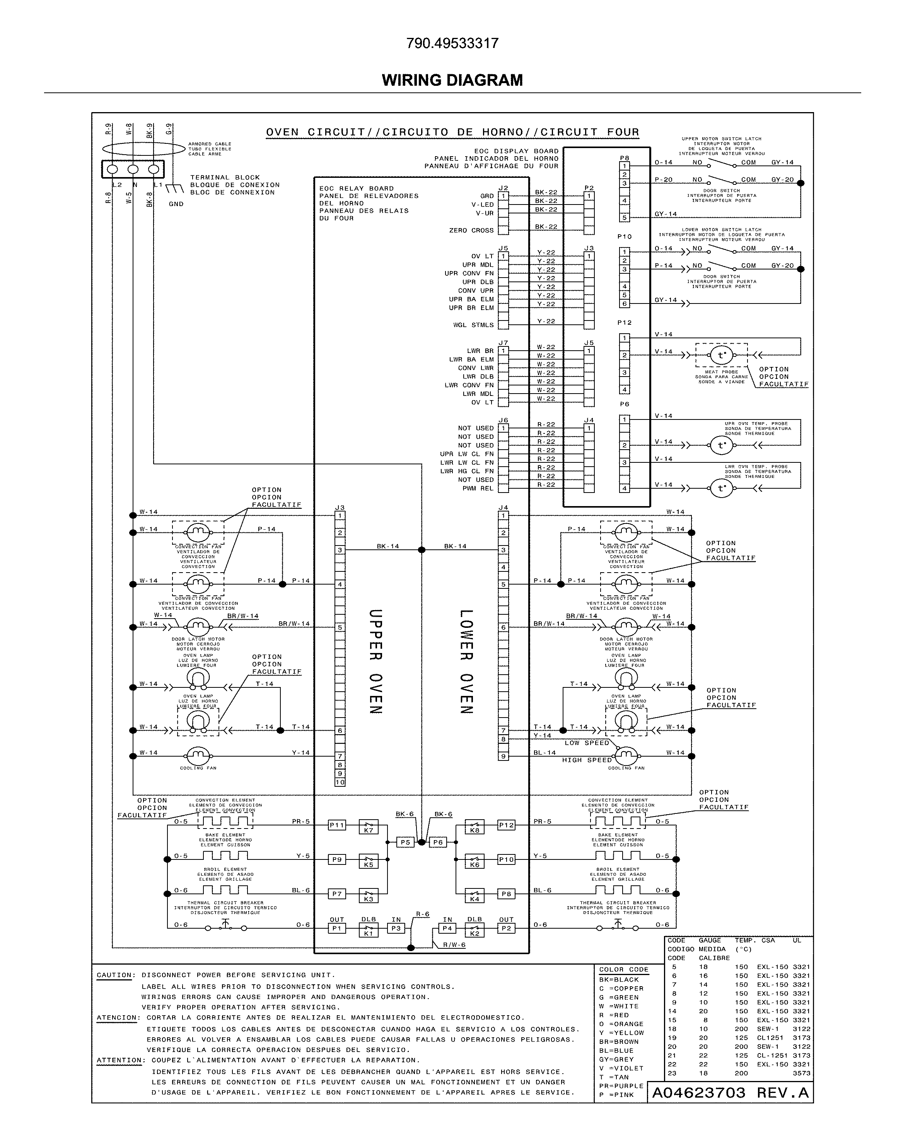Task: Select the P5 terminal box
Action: click(x=405, y=842)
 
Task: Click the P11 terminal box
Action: click(x=337, y=825)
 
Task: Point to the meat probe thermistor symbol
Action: click(x=721, y=355)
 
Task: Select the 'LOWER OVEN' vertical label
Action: click(x=466, y=661)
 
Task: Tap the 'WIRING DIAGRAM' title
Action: click(x=452, y=80)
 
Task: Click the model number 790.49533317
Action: click(x=452, y=43)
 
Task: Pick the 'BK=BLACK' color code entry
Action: click(x=619, y=980)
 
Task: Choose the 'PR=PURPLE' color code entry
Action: click(x=621, y=1086)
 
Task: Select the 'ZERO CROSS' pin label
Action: click(x=471, y=230)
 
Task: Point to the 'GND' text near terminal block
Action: click(x=176, y=204)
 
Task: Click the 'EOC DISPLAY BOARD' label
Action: click(x=516, y=151)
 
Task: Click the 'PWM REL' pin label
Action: click(x=478, y=488)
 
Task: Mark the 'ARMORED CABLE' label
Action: click(x=210, y=144)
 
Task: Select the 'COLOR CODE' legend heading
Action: click(x=623, y=969)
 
